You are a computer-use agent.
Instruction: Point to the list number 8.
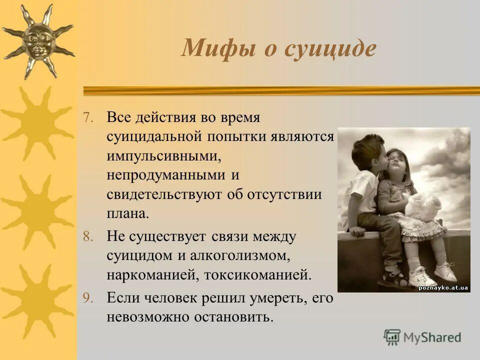click(87, 237)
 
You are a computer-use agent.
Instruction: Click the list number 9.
click(87, 298)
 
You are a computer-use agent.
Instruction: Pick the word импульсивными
click(163, 156)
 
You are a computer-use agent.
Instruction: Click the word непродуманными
click(164, 175)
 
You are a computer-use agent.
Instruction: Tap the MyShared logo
click(422, 337)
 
